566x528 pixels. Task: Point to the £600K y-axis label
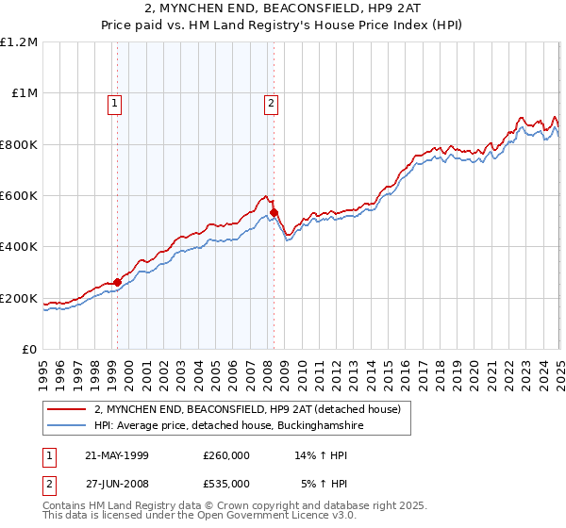(x=20, y=195)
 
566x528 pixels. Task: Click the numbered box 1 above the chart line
(x=115, y=104)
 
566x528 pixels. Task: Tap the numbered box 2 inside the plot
(x=271, y=104)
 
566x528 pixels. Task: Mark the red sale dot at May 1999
(x=118, y=282)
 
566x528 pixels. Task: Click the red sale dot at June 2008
(x=275, y=212)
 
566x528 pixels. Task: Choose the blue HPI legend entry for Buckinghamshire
(x=227, y=426)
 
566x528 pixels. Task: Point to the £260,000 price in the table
(x=226, y=455)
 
